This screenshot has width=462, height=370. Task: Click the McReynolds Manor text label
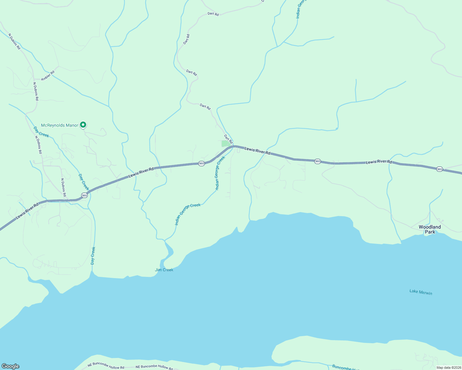(60, 125)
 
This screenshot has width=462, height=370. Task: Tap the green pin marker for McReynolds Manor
(83, 125)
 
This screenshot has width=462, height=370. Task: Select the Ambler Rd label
(48, 76)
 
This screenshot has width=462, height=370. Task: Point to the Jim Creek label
(164, 270)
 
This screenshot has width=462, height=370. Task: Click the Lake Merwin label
(421, 292)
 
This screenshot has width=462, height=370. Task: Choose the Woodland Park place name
(430, 229)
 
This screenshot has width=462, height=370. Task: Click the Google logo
(10, 366)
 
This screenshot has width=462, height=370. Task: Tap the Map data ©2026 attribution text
(448, 367)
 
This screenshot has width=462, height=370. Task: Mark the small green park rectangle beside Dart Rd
(226, 143)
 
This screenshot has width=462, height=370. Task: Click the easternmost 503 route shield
(439, 169)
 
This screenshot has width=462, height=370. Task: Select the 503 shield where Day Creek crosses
(84, 195)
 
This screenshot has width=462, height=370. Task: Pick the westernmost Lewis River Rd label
(27, 211)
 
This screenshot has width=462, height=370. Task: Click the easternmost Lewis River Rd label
(379, 162)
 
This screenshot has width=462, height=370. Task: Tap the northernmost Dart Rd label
(213, 14)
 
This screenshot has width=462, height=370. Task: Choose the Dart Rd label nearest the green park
(228, 139)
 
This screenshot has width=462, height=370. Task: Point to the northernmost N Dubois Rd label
(14, 42)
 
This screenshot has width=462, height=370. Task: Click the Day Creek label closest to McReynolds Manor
(41, 132)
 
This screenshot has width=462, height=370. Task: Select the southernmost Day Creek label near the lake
(93, 256)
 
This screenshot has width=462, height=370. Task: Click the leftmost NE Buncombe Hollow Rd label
(106, 366)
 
